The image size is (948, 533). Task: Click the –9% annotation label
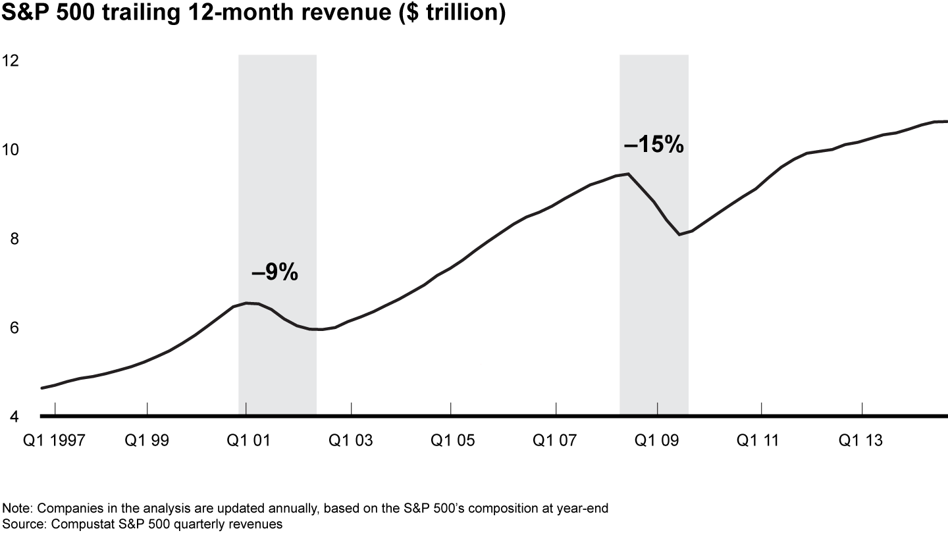[x=275, y=272]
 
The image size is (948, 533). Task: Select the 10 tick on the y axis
[x=11, y=150]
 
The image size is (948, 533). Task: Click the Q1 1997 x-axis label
[x=63, y=440]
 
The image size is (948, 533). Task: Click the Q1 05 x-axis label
[x=452, y=440]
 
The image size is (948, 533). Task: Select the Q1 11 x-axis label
[x=759, y=440]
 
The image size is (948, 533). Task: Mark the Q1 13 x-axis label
[x=861, y=440]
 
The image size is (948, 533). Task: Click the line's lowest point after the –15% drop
[x=679, y=234]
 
